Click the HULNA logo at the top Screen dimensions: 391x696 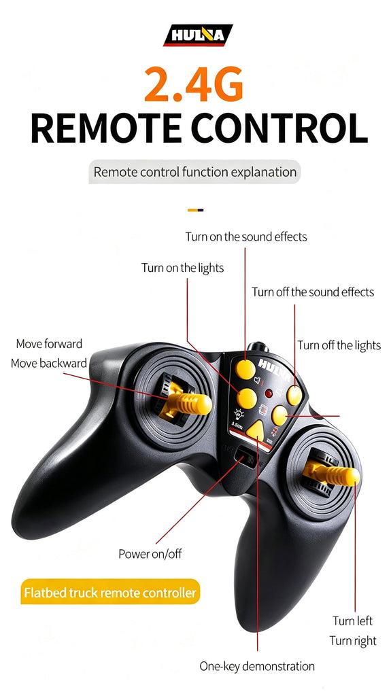click(x=198, y=35)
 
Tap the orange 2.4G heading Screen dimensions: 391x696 click(x=194, y=84)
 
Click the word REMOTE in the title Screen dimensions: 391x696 click(x=106, y=128)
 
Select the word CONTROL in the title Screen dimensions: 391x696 click(x=279, y=128)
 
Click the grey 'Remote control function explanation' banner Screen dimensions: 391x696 click(x=194, y=172)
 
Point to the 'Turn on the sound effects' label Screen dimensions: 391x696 click(x=246, y=237)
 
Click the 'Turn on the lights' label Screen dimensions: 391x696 click(x=183, y=268)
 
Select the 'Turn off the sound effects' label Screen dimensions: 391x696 click(x=313, y=292)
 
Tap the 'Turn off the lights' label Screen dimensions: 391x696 click(x=339, y=345)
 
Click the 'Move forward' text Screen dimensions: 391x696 click(x=49, y=343)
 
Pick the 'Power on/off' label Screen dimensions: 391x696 click(x=150, y=554)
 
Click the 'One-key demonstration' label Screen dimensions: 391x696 click(x=257, y=666)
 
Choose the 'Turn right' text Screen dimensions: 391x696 click(x=353, y=641)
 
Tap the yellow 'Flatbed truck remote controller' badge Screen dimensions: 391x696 click(x=111, y=593)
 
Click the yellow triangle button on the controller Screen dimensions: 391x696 click(x=256, y=430)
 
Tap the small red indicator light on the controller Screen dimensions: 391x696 click(x=269, y=394)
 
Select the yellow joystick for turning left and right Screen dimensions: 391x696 click(x=332, y=474)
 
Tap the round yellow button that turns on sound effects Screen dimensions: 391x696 click(x=245, y=369)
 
